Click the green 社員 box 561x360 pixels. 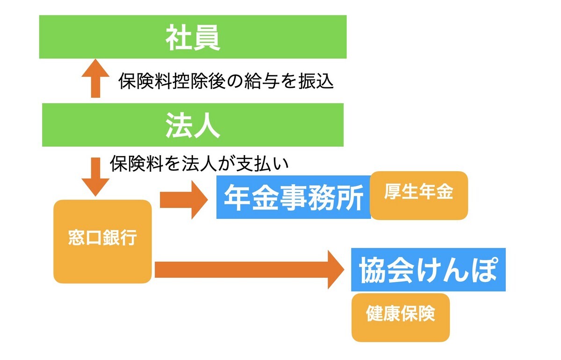193,37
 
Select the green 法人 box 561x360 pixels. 193,125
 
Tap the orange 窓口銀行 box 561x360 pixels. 102,242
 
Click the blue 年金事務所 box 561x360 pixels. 293,197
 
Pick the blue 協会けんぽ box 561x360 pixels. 428,270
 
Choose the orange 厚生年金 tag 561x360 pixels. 419,195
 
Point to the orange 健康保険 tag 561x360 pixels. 401,317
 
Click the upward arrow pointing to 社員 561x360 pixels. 95,78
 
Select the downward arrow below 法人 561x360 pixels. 95,177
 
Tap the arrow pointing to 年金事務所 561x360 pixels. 184,200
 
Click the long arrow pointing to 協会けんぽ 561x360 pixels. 250,270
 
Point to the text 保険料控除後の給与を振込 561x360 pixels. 226,81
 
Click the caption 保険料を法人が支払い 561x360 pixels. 199,163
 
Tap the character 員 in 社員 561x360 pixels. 207,37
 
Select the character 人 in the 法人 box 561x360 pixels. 207,125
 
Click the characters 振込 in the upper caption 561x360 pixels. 316,81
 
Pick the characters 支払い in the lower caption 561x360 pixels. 263,163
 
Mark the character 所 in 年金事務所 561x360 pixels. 349,197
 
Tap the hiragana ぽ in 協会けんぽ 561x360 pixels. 484,270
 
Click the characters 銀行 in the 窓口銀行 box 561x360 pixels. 120,237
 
